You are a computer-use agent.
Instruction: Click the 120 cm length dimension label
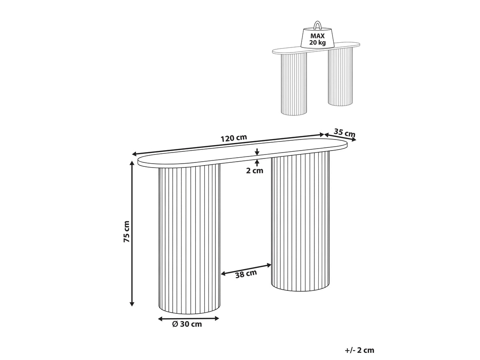pos(234,138)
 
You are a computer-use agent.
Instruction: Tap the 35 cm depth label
pos(344,133)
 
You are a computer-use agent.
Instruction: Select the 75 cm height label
pos(127,232)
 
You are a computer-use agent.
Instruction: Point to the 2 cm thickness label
pos(255,170)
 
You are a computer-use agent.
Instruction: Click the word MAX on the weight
pos(317,36)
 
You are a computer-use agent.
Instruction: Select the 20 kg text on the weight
pos(317,43)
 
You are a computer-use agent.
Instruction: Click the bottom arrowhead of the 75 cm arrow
pos(132,303)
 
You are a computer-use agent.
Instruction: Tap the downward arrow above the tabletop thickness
pos(257,152)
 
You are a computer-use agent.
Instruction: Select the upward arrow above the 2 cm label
pos(257,163)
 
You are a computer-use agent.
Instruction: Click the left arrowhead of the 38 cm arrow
pos(223,273)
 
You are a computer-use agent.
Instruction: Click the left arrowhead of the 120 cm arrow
pos(135,154)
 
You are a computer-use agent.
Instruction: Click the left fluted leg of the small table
pos(294,84)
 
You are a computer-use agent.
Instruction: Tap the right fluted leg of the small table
pos(340,77)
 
